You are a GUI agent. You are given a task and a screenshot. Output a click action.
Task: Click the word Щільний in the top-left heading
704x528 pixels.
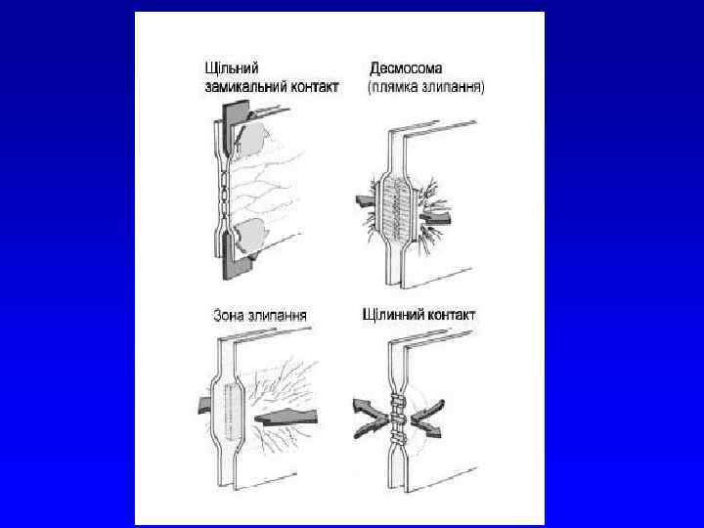click(230, 69)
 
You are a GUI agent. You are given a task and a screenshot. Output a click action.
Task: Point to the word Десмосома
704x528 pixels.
click(406, 69)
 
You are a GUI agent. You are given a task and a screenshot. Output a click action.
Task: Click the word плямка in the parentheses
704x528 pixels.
click(399, 86)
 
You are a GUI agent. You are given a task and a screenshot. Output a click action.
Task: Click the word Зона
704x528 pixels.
click(230, 315)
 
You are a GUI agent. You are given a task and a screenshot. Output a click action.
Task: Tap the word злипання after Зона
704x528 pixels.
click(278, 315)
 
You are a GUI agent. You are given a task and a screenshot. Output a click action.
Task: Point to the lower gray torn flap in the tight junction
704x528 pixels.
click(253, 235)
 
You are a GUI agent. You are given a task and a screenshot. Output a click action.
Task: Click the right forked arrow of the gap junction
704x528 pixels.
click(429, 417)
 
